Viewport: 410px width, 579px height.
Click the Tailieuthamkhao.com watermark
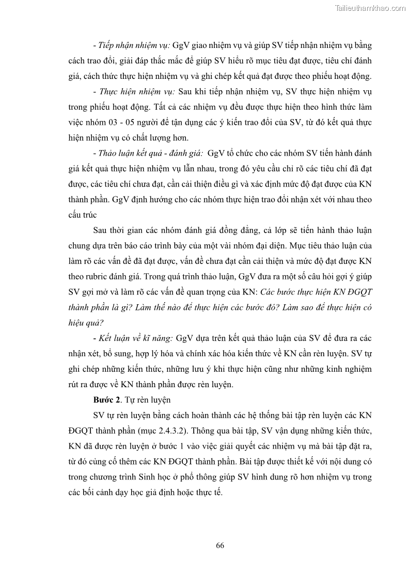[x=370, y=8]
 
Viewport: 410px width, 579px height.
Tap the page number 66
[x=220, y=545]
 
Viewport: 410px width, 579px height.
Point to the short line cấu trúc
[x=84, y=215]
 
